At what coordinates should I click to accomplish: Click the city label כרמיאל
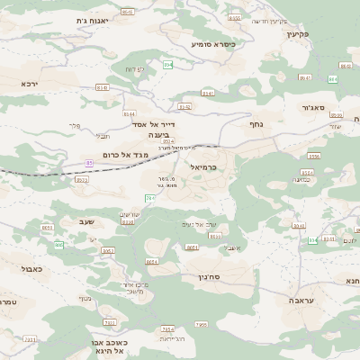(204, 167)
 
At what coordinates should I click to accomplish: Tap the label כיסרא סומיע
(213, 43)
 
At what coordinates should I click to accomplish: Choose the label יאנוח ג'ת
(94, 20)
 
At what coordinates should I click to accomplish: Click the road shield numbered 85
(89, 163)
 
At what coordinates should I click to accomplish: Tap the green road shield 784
(149, 197)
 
